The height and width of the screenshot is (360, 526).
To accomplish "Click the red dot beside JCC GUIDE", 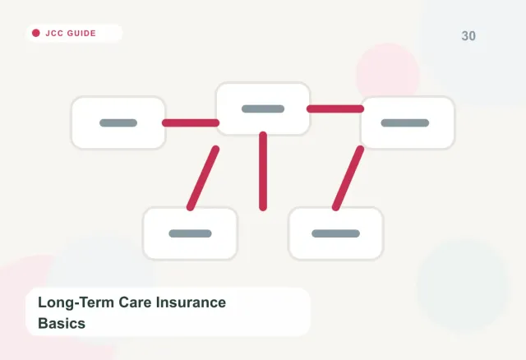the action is [x=36, y=33].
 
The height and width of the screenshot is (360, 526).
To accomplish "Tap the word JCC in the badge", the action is [x=54, y=33].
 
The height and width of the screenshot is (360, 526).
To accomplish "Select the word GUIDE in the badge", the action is [x=81, y=33].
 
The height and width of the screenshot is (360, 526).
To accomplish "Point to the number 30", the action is [x=468, y=36].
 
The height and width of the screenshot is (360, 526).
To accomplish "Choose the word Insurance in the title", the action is [x=191, y=302].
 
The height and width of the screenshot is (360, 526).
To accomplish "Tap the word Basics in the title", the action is [x=62, y=324].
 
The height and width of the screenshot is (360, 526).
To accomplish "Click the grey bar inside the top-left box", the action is [x=118, y=122].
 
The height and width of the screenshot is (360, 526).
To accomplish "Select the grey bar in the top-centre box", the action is [x=263, y=108].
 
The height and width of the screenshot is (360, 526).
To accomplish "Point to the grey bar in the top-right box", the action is [x=405, y=122].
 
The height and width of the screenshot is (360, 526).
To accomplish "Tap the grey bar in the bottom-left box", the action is [x=190, y=233].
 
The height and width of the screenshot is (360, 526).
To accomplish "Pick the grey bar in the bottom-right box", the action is [x=336, y=233].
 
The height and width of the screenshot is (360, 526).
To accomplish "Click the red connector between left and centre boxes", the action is [x=191, y=122].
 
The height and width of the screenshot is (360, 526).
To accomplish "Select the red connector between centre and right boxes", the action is [x=335, y=108].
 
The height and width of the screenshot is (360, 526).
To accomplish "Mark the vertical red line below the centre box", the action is [x=263, y=171].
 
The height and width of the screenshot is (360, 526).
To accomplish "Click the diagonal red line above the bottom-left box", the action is [x=203, y=178].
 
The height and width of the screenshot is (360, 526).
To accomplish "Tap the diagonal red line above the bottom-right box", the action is [x=348, y=178].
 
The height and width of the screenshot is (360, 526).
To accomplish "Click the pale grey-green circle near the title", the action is [x=463, y=284].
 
